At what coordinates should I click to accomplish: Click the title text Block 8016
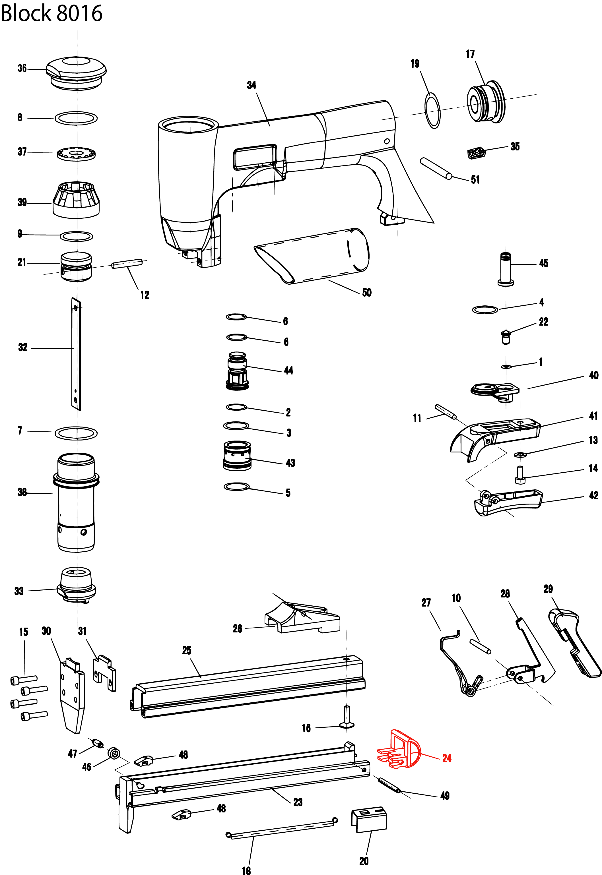[x=52, y=13]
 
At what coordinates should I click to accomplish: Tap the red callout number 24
[x=447, y=758]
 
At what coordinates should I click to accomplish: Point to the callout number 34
[x=251, y=85]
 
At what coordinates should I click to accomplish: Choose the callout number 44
[x=288, y=371]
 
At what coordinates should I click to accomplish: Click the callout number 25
[x=187, y=650]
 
